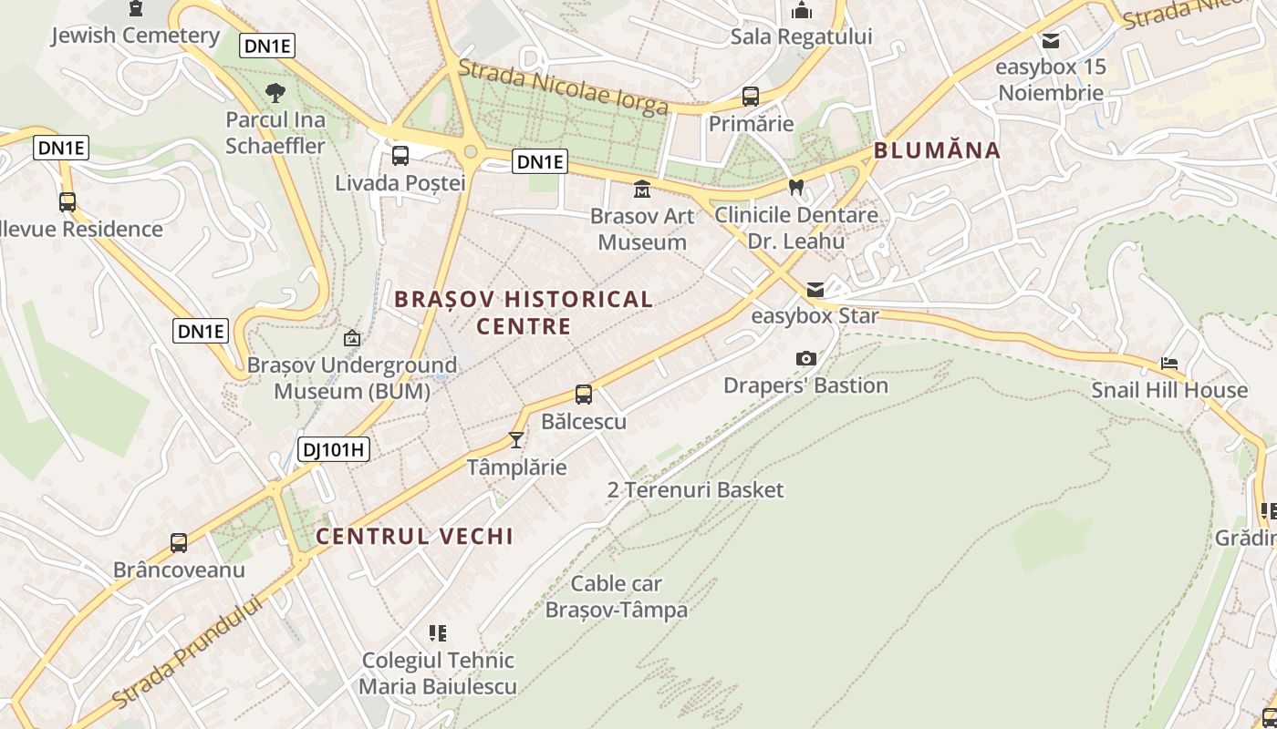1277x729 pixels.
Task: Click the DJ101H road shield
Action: pyautogui.click(x=333, y=448)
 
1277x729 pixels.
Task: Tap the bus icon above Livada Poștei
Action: pyautogui.click(x=400, y=156)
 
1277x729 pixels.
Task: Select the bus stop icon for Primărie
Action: pyautogui.click(x=751, y=97)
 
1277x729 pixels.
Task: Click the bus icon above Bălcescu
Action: pyautogui.click(x=584, y=395)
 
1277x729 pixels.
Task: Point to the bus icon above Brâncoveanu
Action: pyautogui.click(x=179, y=543)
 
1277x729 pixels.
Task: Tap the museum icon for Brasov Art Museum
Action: pyautogui.click(x=642, y=190)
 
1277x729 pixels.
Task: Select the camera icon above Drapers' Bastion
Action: pyautogui.click(x=805, y=359)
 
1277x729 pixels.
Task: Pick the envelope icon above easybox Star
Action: pyautogui.click(x=815, y=290)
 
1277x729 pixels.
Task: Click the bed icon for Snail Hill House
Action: pyautogui.click(x=1169, y=364)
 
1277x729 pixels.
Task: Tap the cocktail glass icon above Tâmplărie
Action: pyautogui.click(x=516, y=440)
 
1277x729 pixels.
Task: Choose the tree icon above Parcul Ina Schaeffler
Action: pyautogui.click(x=275, y=92)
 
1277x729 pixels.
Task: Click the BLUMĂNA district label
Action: pyautogui.click(x=937, y=150)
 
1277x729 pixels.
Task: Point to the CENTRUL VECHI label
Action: pyautogui.click(x=415, y=537)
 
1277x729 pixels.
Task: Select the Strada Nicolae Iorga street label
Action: pyautogui.click(x=563, y=87)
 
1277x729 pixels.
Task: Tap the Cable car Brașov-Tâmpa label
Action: pyautogui.click(x=617, y=597)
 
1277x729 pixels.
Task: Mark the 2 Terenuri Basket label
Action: pyautogui.click(x=695, y=490)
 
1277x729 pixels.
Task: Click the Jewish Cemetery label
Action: pyautogui.click(x=136, y=36)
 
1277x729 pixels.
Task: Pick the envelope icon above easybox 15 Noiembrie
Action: pyautogui.click(x=1051, y=41)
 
